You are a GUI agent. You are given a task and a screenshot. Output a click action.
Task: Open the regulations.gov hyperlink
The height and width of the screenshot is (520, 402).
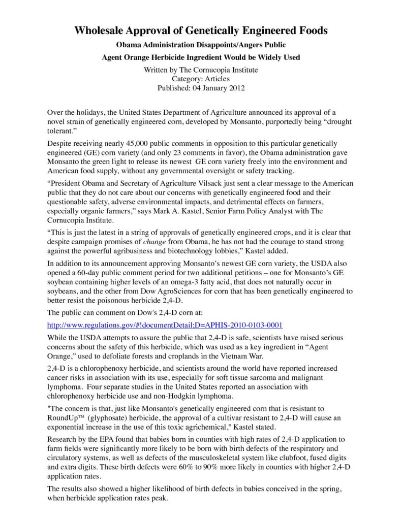point(165,324)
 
